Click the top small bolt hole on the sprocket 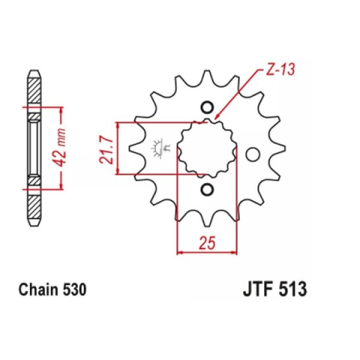coord(209,106)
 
